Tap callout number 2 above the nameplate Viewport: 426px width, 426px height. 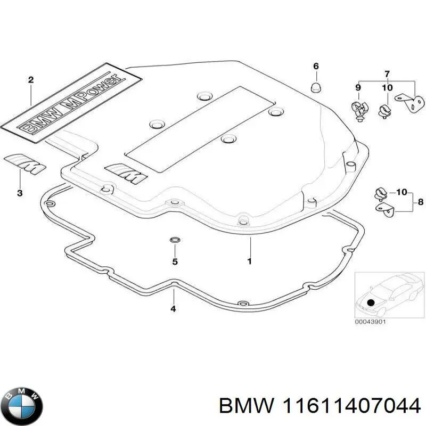click(31, 80)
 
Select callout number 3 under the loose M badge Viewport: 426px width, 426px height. click(20, 193)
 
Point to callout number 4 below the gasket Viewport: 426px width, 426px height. click(173, 308)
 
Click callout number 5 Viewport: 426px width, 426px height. click(174, 261)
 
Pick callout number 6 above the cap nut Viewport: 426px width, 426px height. click(315, 66)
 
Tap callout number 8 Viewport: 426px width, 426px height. click(421, 202)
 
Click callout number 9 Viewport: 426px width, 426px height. click(358, 87)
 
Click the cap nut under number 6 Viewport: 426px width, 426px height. click(315, 87)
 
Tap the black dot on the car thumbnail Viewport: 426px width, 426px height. click(371, 301)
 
